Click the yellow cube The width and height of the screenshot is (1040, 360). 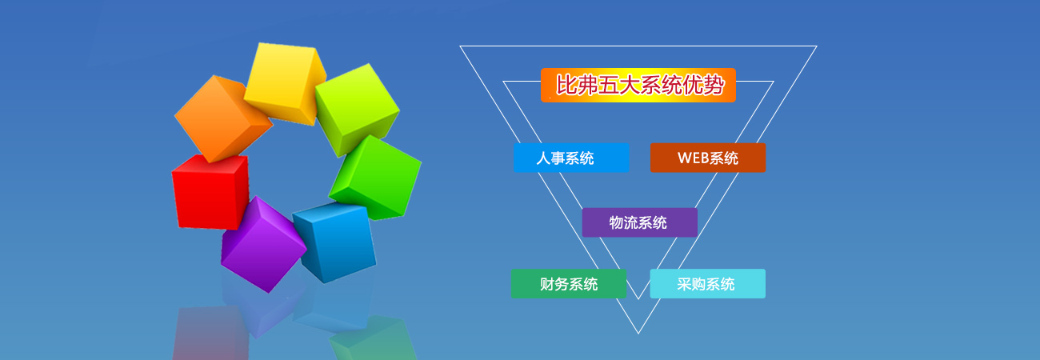284,82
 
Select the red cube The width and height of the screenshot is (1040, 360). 210,192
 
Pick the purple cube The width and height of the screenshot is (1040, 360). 262,244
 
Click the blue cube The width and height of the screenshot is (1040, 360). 335,242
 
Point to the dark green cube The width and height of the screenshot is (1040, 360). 375,178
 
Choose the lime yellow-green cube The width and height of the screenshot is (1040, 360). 356,109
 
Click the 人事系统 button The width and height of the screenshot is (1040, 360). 571,158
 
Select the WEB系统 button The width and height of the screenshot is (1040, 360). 708,158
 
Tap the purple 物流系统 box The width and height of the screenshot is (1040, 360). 640,222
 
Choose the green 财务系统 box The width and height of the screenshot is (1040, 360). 569,284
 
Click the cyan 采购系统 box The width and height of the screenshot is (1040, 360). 707,284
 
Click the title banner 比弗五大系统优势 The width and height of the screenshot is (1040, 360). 638,85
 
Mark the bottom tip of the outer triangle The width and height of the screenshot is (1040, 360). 638,334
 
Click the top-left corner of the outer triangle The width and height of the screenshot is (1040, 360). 460,46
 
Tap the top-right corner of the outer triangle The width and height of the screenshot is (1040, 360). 817,46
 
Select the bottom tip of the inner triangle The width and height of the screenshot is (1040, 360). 638,299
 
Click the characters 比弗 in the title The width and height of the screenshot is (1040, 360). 577,85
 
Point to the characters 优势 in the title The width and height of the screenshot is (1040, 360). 703,85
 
